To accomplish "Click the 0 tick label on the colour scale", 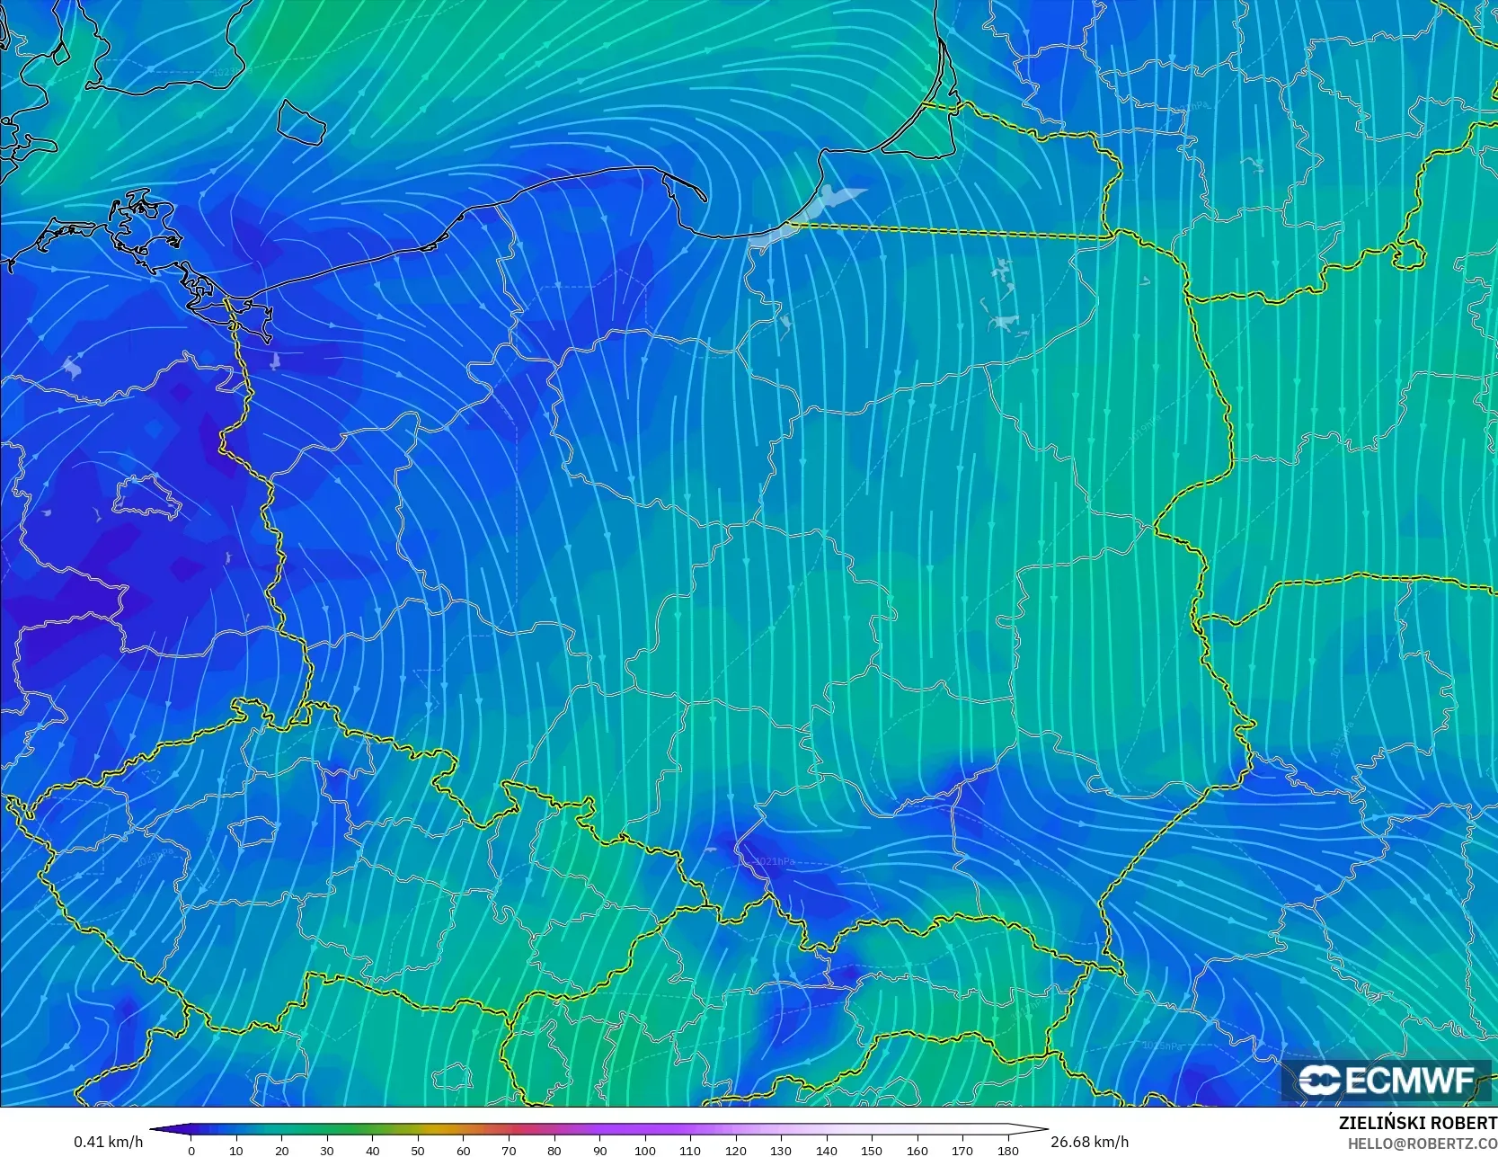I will point(191,1150).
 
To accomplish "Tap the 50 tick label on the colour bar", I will point(418,1150).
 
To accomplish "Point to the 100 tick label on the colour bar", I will point(644,1150).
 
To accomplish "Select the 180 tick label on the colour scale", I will point(1007,1150).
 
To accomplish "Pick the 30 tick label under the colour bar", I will point(327,1150).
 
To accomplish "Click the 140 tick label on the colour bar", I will point(826,1150).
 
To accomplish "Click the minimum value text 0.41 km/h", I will point(108,1142).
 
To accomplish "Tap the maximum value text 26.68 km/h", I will point(1089,1142).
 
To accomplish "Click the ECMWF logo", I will point(1387,1081).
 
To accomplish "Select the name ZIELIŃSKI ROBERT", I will point(1417,1123).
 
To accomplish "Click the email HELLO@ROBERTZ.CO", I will point(1422,1143).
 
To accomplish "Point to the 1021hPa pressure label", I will point(774,861).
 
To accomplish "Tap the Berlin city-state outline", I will point(148,497).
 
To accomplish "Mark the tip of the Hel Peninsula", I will point(704,199).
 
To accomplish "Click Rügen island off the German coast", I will point(144,220).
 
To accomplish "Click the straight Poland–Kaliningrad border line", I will point(953,231).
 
